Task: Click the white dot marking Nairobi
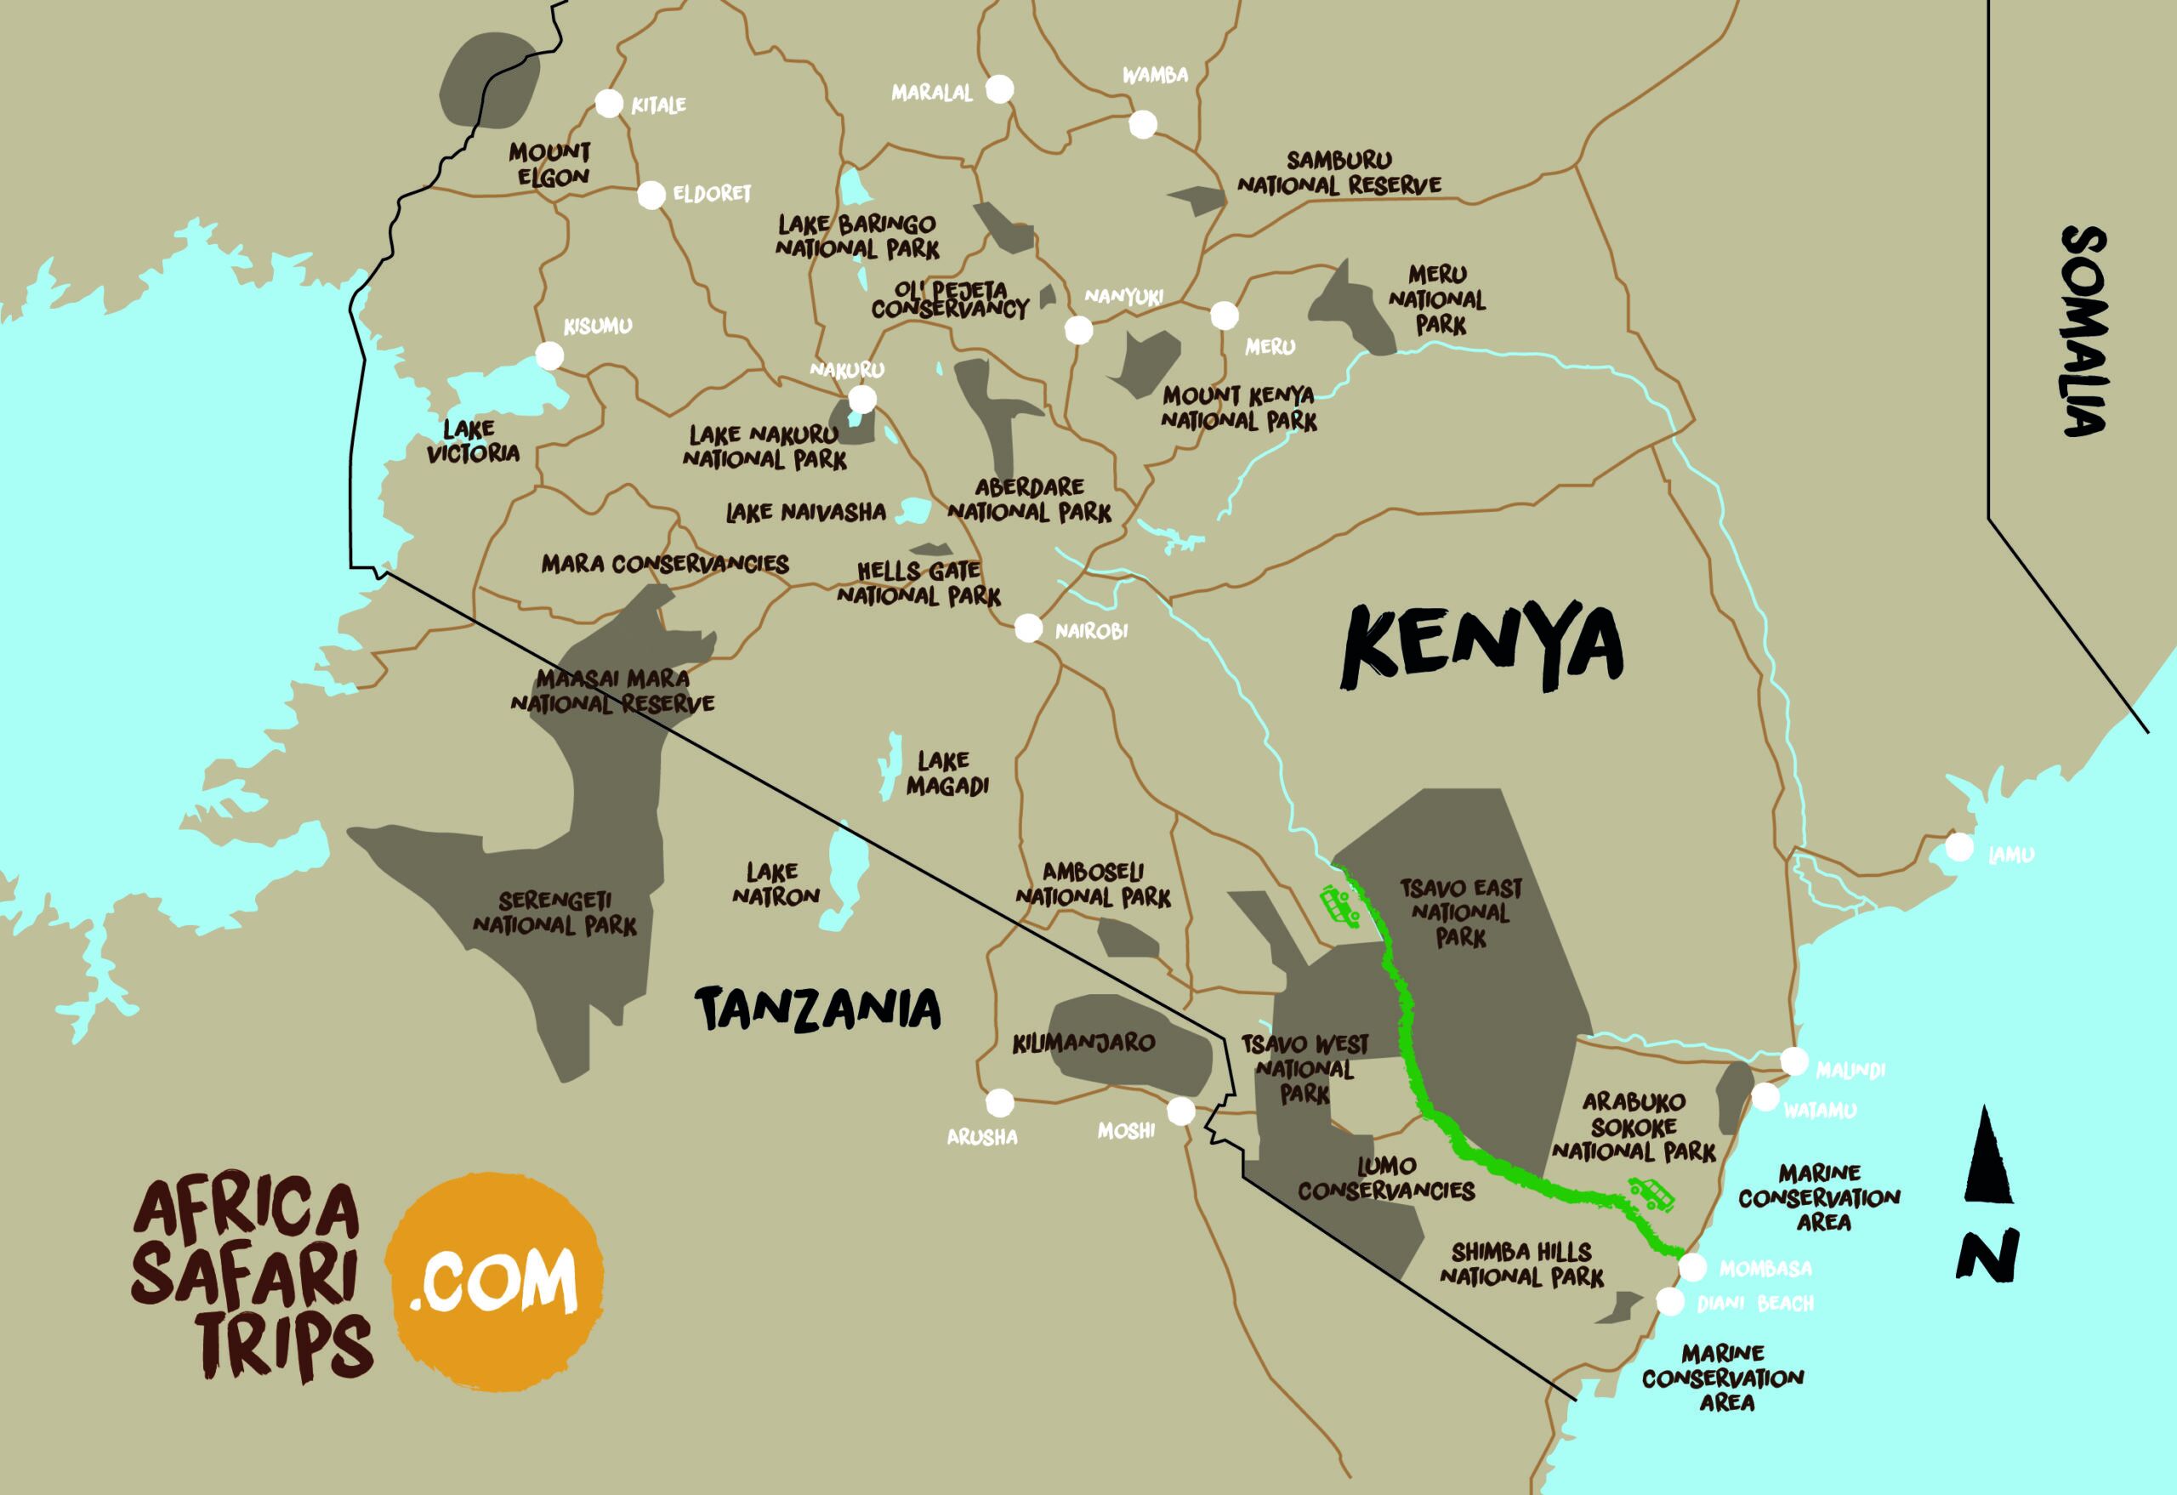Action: click(x=1027, y=628)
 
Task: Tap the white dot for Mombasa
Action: click(x=1691, y=1267)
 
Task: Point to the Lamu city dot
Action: click(x=1958, y=847)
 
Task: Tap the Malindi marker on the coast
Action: click(x=1793, y=1061)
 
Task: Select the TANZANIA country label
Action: click(x=818, y=1009)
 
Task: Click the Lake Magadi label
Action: click(x=946, y=774)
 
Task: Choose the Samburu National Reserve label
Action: click(x=1339, y=173)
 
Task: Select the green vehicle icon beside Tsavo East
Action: click(x=1339, y=907)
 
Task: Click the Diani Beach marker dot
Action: click(x=1669, y=1302)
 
